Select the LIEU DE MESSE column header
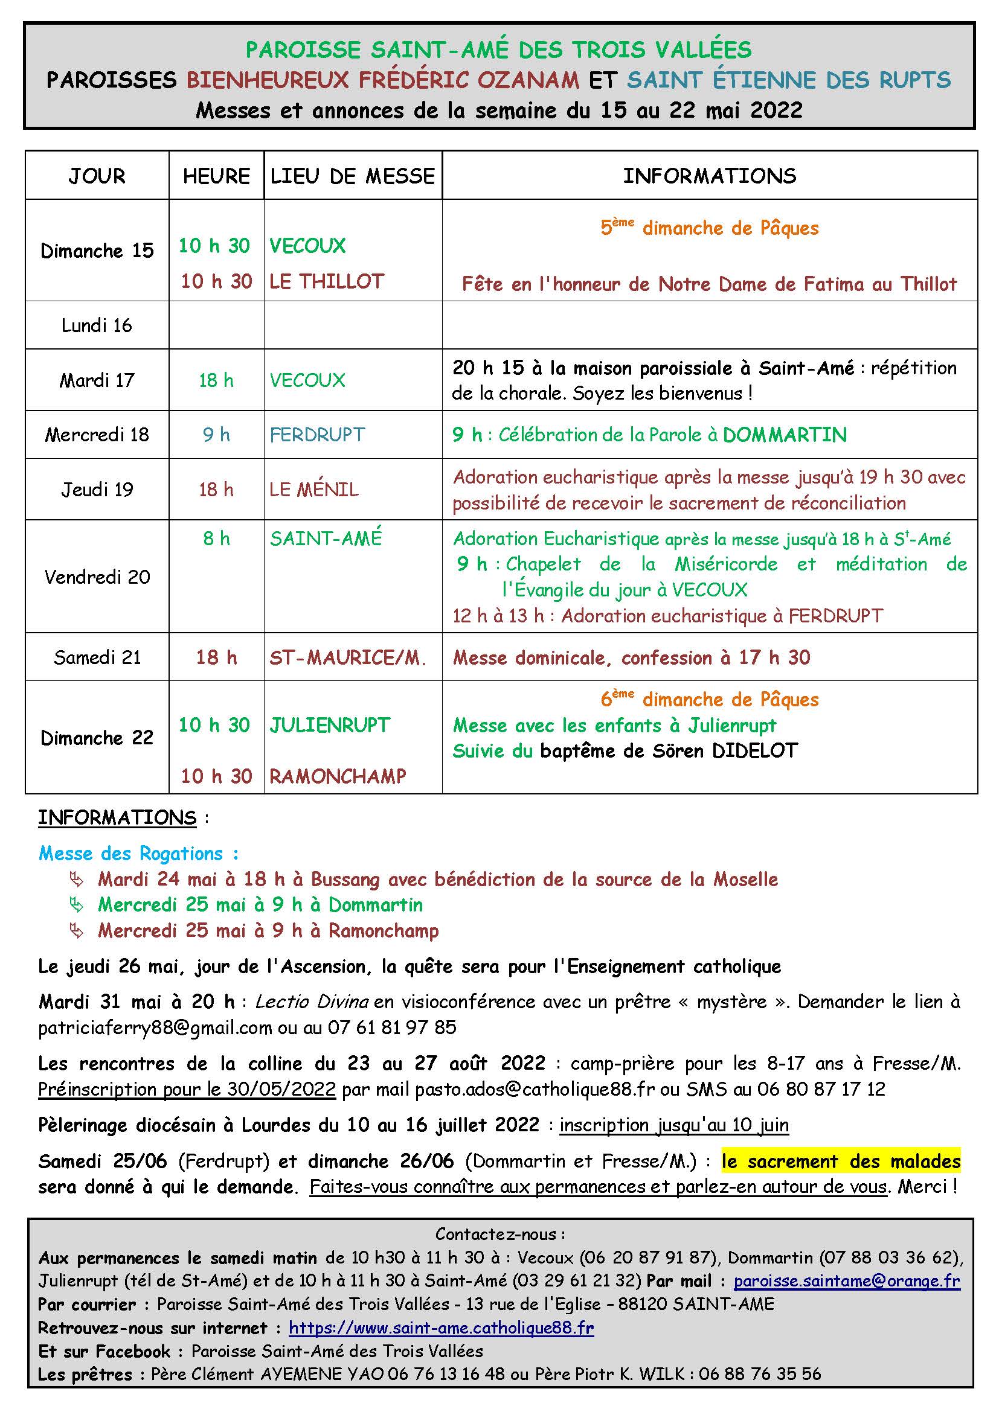[x=353, y=176]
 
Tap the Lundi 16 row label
[x=97, y=325]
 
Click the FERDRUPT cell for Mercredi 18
[x=317, y=435]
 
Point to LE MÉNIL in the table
[x=313, y=490]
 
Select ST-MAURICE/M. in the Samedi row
[x=347, y=657]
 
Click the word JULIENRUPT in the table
[x=330, y=725]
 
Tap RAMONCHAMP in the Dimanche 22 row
[x=338, y=776]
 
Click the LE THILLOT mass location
[x=327, y=282]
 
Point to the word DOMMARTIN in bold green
[x=785, y=435]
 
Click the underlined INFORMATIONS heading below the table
[x=117, y=818]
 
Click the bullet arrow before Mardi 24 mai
[x=77, y=880]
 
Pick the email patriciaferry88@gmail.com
[x=155, y=1027]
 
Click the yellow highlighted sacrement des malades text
[x=841, y=1161]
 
